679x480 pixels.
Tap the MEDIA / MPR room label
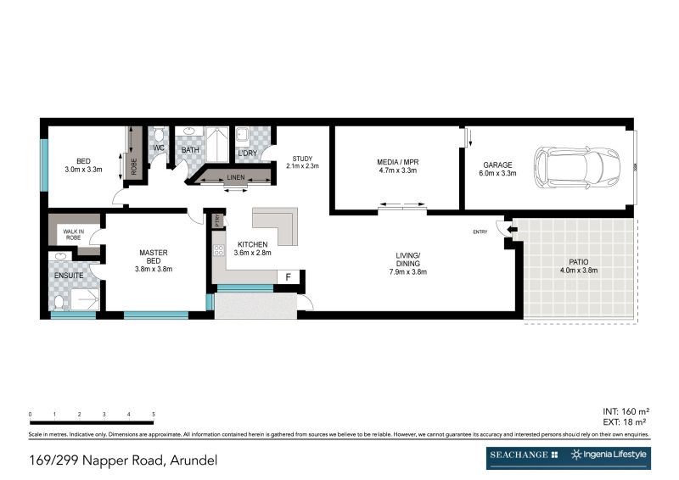[x=398, y=162]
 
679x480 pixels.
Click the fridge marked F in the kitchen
[x=289, y=276]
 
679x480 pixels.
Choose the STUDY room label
[x=302, y=159]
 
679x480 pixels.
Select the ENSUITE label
[x=67, y=275]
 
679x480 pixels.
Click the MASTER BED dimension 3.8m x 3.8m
[x=154, y=269]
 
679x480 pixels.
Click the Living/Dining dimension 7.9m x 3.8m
[x=407, y=272]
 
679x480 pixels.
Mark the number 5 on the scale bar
[x=153, y=415]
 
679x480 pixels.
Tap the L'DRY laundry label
[x=248, y=153]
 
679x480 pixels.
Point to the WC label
[x=158, y=148]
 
